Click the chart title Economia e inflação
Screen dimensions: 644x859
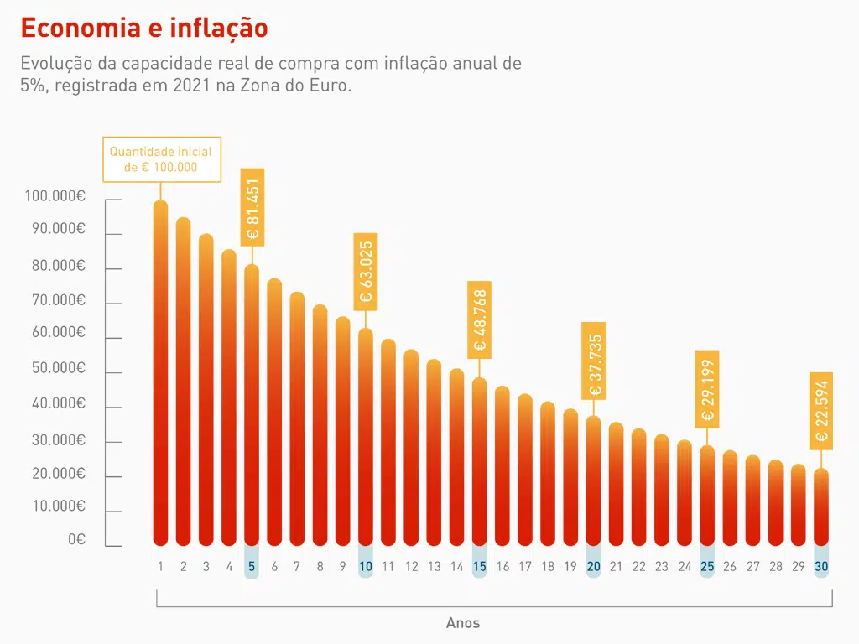[x=144, y=28]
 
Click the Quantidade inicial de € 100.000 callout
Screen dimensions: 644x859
[x=161, y=159]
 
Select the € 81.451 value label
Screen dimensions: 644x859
[x=252, y=207]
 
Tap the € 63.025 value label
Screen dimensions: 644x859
[x=366, y=272]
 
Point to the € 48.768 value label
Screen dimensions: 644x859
[x=479, y=320]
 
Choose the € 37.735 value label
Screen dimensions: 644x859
[x=594, y=361]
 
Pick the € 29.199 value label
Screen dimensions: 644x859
[x=707, y=389]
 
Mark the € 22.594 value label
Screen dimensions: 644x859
[x=821, y=411]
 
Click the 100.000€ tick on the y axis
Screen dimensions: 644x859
[x=55, y=196]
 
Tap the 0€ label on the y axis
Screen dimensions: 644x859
[x=76, y=540]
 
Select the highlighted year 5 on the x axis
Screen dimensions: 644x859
[x=252, y=567]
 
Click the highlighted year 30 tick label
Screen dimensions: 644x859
[x=821, y=567]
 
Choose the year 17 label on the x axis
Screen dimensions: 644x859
[x=525, y=567]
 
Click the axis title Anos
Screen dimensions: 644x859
[x=463, y=623]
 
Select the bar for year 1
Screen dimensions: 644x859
[x=161, y=373]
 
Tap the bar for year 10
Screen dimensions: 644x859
[x=366, y=436]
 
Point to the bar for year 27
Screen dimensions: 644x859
[x=752, y=501]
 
